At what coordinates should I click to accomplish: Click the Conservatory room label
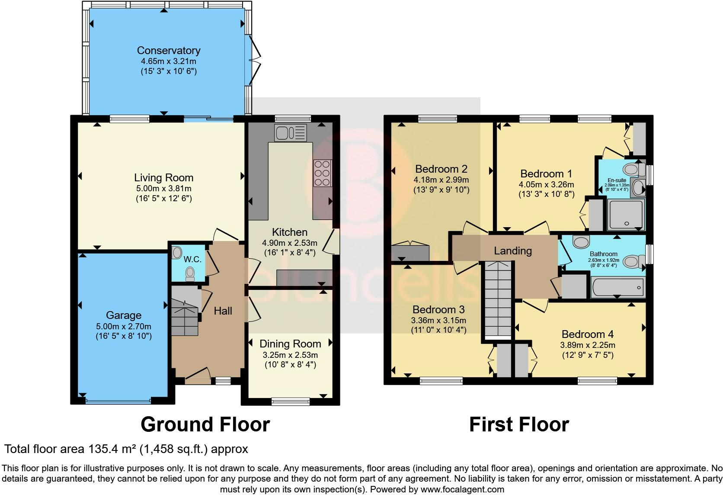(169, 50)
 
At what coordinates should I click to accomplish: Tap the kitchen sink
(291, 133)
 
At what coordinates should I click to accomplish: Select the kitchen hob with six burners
(323, 173)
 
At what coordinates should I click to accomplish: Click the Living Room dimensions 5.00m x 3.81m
(163, 188)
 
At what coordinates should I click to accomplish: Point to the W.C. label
(192, 259)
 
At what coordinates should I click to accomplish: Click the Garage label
(124, 315)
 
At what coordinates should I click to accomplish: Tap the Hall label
(223, 311)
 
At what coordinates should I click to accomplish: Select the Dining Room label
(290, 344)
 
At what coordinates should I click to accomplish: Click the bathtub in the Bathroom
(618, 287)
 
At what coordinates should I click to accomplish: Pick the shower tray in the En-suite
(626, 215)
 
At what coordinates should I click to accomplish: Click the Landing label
(513, 251)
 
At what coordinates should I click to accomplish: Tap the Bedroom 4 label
(587, 334)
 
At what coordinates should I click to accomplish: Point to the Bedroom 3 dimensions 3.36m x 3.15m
(438, 321)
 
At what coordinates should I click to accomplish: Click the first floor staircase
(498, 299)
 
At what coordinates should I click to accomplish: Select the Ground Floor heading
(205, 424)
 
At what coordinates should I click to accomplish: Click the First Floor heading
(519, 424)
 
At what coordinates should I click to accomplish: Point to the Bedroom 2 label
(441, 169)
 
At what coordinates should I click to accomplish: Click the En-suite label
(617, 180)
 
